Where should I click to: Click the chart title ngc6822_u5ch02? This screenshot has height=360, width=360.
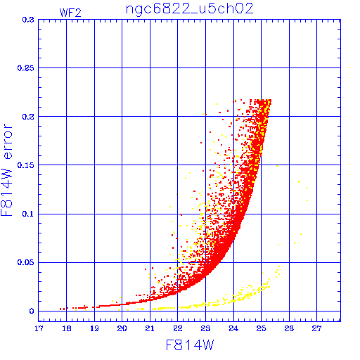point(189,9)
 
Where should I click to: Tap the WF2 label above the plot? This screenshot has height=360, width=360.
point(70,13)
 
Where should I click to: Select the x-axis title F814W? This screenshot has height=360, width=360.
point(190,345)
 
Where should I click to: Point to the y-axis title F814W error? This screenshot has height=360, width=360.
point(6,170)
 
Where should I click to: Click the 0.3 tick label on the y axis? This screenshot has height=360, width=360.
point(28,20)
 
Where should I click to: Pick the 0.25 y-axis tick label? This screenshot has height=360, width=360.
point(26,68)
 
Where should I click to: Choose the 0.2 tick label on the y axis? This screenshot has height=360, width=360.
point(28,117)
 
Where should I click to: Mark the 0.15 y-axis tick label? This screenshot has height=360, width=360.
point(26,165)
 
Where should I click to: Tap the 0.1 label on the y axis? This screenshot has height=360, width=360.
point(28,214)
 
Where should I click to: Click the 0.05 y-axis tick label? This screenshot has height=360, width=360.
point(26,262)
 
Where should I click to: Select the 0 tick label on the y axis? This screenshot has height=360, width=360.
point(32,311)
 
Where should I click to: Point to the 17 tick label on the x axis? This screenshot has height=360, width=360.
point(39,328)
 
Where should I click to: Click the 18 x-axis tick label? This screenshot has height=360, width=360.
point(67,328)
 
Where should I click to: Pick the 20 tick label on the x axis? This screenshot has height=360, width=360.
point(122,328)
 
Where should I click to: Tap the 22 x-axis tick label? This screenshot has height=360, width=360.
point(178,328)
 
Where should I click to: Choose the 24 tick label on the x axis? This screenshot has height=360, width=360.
point(233,328)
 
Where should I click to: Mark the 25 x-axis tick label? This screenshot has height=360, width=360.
point(262,328)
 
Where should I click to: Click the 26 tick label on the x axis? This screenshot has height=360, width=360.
point(289,328)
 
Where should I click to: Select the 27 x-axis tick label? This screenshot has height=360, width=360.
point(317,328)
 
